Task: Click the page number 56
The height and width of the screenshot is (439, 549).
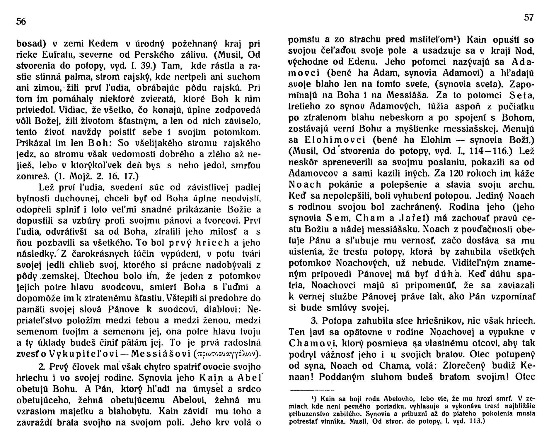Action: [x=21, y=22]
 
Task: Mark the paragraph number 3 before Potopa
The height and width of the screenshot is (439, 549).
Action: [x=314, y=321]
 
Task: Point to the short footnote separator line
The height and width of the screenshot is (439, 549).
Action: [x=311, y=390]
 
